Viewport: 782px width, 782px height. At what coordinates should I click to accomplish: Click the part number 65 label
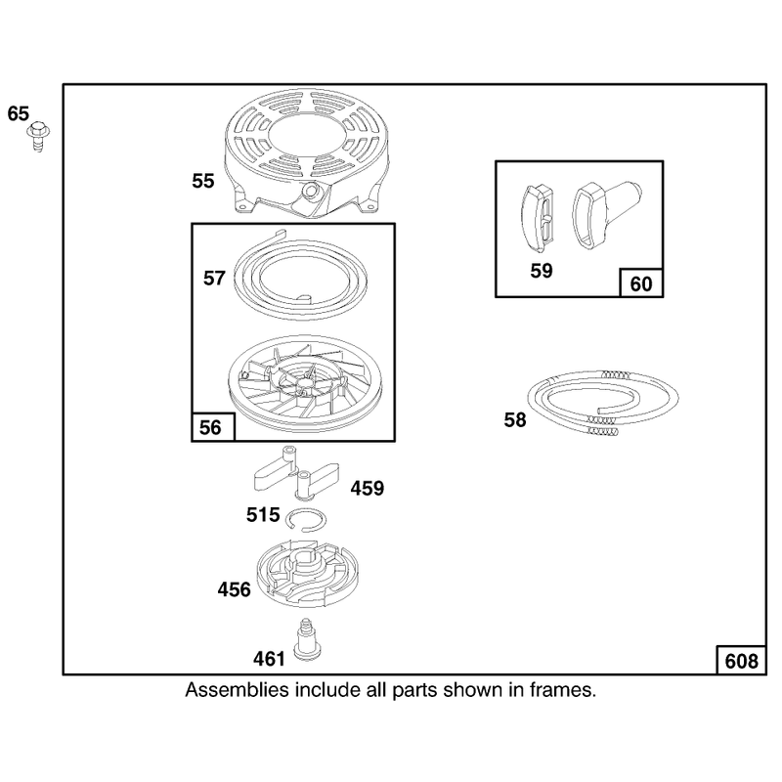click(19, 113)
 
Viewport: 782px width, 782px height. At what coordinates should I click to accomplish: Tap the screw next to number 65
click(38, 136)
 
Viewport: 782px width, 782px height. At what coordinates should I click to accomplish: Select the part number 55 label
click(203, 181)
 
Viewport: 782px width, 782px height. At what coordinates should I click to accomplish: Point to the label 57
click(214, 278)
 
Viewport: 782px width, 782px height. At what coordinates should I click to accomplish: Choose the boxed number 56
click(210, 427)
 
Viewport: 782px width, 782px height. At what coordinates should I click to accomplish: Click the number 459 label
click(368, 488)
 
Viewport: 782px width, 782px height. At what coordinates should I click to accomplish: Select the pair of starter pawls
click(297, 474)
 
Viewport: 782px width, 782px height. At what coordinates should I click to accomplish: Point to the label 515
click(263, 515)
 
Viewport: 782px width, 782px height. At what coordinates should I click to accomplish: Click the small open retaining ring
click(307, 520)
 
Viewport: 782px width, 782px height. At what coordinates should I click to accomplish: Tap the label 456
click(234, 590)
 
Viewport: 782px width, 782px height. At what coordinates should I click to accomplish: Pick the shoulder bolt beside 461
click(307, 640)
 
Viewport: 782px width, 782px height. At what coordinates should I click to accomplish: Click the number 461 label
click(269, 659)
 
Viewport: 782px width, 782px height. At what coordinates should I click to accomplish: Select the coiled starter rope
click(603, 403)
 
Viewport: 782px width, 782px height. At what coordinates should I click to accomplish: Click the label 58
click(515, 420)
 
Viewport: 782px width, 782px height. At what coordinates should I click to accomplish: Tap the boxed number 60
click(641, 283)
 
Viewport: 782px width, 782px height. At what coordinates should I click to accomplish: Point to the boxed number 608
click(741, 662)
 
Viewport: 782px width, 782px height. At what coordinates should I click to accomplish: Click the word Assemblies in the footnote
click(237, 690)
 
